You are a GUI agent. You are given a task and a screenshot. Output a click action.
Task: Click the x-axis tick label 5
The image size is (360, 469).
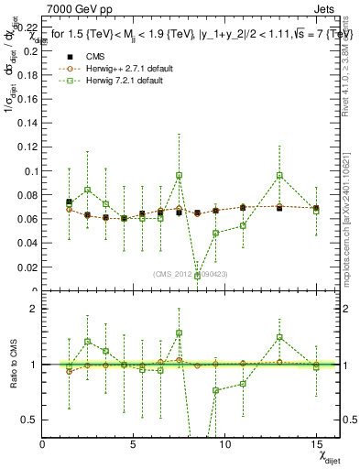pyautogui.click(x=134, y=443)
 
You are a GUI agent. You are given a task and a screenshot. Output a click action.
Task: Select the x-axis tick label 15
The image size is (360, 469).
pyautogui.click(x=316, y=443)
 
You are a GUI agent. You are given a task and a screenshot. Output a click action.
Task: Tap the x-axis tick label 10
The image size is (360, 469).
pyautogui.click(x=224, y=443)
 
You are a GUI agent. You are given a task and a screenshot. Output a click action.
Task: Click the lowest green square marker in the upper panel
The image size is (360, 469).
pyautogui.click(x=197, y=276)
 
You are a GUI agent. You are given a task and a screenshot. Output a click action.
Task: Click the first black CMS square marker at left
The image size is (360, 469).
pyautogui.click(x=69, y=202)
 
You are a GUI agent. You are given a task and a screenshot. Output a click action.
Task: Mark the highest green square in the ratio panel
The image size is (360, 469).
pyautogui.click(x=179, y=333)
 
